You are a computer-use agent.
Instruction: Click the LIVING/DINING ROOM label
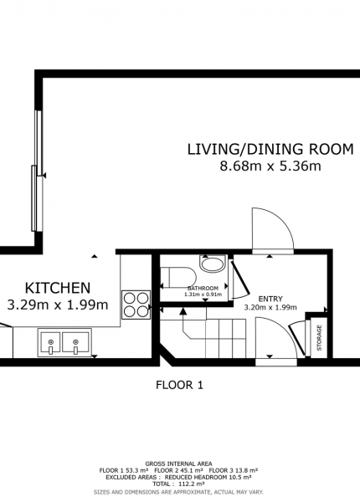pyautogui.click(x=270, y=150)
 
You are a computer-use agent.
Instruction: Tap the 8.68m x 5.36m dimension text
pyautogui.click(x=270, y=166)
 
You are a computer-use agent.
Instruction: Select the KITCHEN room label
pyautogui.click(x=58, y=288)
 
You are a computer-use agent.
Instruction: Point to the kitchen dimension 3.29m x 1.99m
pyautogui.click(x=58, y=305)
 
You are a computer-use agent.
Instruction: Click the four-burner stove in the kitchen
pyautogui.click(x=136, y=305)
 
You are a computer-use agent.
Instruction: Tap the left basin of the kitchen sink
pyautogui.click(x=50, y=343)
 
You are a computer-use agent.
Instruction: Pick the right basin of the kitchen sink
pyautogui.click(x=75, y=343)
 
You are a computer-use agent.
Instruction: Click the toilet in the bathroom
pyautogui.click(x=178, y=279)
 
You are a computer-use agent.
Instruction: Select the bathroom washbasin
pyautogui.click(x=212, y=264)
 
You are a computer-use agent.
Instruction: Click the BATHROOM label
pyautogui.click(x=203, y=288)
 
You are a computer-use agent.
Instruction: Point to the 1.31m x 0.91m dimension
pyautogui.click(x=203, y=295)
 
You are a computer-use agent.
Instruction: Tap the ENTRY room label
pyautogui.click(x=270, y=299)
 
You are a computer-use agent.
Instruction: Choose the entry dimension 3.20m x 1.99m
pyautogui.click(x=270, y=308)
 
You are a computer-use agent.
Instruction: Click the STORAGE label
pyautogui.click(x=319, y=338)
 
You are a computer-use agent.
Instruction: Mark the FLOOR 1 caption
pyautogui.click(x=179, y=385)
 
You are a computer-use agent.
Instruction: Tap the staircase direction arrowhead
pyautogui.click(x=183, y=311)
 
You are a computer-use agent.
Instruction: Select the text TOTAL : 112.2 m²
pyautogui.click(x=178, y=484)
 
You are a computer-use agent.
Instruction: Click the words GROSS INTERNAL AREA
pyautogui.click(x=178, y=464)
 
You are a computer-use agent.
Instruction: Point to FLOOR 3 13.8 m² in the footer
pyautogui.click(x=234, y=470)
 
